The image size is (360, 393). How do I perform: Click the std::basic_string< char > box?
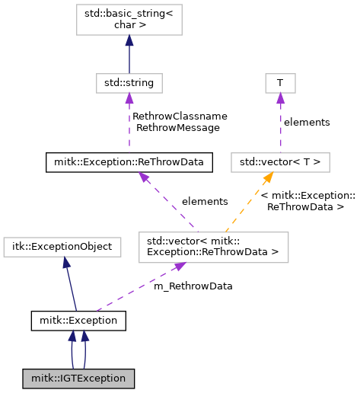click(x=129, y=20)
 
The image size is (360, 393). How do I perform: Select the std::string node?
click(x=129, y=83)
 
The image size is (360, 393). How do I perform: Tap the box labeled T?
click(x=280, y=83)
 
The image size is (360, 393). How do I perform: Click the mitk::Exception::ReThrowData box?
click(x=129, y=162)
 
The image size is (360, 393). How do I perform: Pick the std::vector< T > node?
click(x=280, y=162)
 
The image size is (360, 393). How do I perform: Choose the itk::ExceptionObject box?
click(x=62, y=247)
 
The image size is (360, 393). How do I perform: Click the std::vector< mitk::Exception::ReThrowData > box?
click(x=213, y=247)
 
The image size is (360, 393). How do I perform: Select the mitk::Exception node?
click(x=78, y=321)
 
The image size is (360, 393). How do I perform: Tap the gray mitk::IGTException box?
click(x=78, y=379)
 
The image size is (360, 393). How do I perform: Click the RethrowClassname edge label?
click(x=180, y=117)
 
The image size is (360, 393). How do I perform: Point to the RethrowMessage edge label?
click(x=178, y=128)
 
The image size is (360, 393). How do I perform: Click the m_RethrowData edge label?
click(x=193, y=286)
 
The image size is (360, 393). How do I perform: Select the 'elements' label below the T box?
click(x=307, y=123)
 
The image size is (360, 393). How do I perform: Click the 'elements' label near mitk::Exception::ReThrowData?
click(x=205, y=202)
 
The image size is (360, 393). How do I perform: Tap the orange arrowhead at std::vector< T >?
click(x=269, y=177)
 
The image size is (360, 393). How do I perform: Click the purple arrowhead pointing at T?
click(x=280, y=98)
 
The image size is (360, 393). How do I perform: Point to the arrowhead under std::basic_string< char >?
click(x=129, y=40)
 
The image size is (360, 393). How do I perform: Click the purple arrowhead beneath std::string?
click(x=129, y=98)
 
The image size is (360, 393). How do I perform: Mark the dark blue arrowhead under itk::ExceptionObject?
click(x=66, y=262)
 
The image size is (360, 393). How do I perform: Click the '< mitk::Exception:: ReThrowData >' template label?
click(x=307, y=201)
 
